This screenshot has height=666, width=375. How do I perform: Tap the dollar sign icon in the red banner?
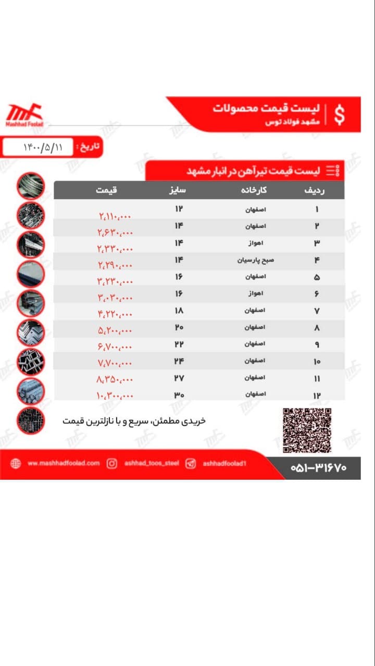[339, 115]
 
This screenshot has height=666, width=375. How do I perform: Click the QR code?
[307, 430]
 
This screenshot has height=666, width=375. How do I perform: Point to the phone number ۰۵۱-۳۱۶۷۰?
[318, 468]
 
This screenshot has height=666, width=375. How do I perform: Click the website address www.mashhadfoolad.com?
[63, 463]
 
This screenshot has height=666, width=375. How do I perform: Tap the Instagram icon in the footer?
[112, 463]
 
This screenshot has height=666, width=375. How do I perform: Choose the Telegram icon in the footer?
[191, 463]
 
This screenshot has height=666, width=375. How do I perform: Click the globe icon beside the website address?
[16, 463]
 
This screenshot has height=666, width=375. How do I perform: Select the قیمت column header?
[106, 190]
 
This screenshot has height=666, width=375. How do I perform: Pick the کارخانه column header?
[254, 190]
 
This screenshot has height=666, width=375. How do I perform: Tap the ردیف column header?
[315, 190]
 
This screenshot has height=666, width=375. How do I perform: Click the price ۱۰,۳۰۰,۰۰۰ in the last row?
[115, 396]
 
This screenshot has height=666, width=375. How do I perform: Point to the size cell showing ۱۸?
[179, 311]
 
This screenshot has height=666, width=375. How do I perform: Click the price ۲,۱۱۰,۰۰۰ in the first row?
[115, 216]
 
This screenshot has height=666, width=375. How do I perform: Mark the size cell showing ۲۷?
[179, 378]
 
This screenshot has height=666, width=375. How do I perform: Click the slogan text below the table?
[134, 420]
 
